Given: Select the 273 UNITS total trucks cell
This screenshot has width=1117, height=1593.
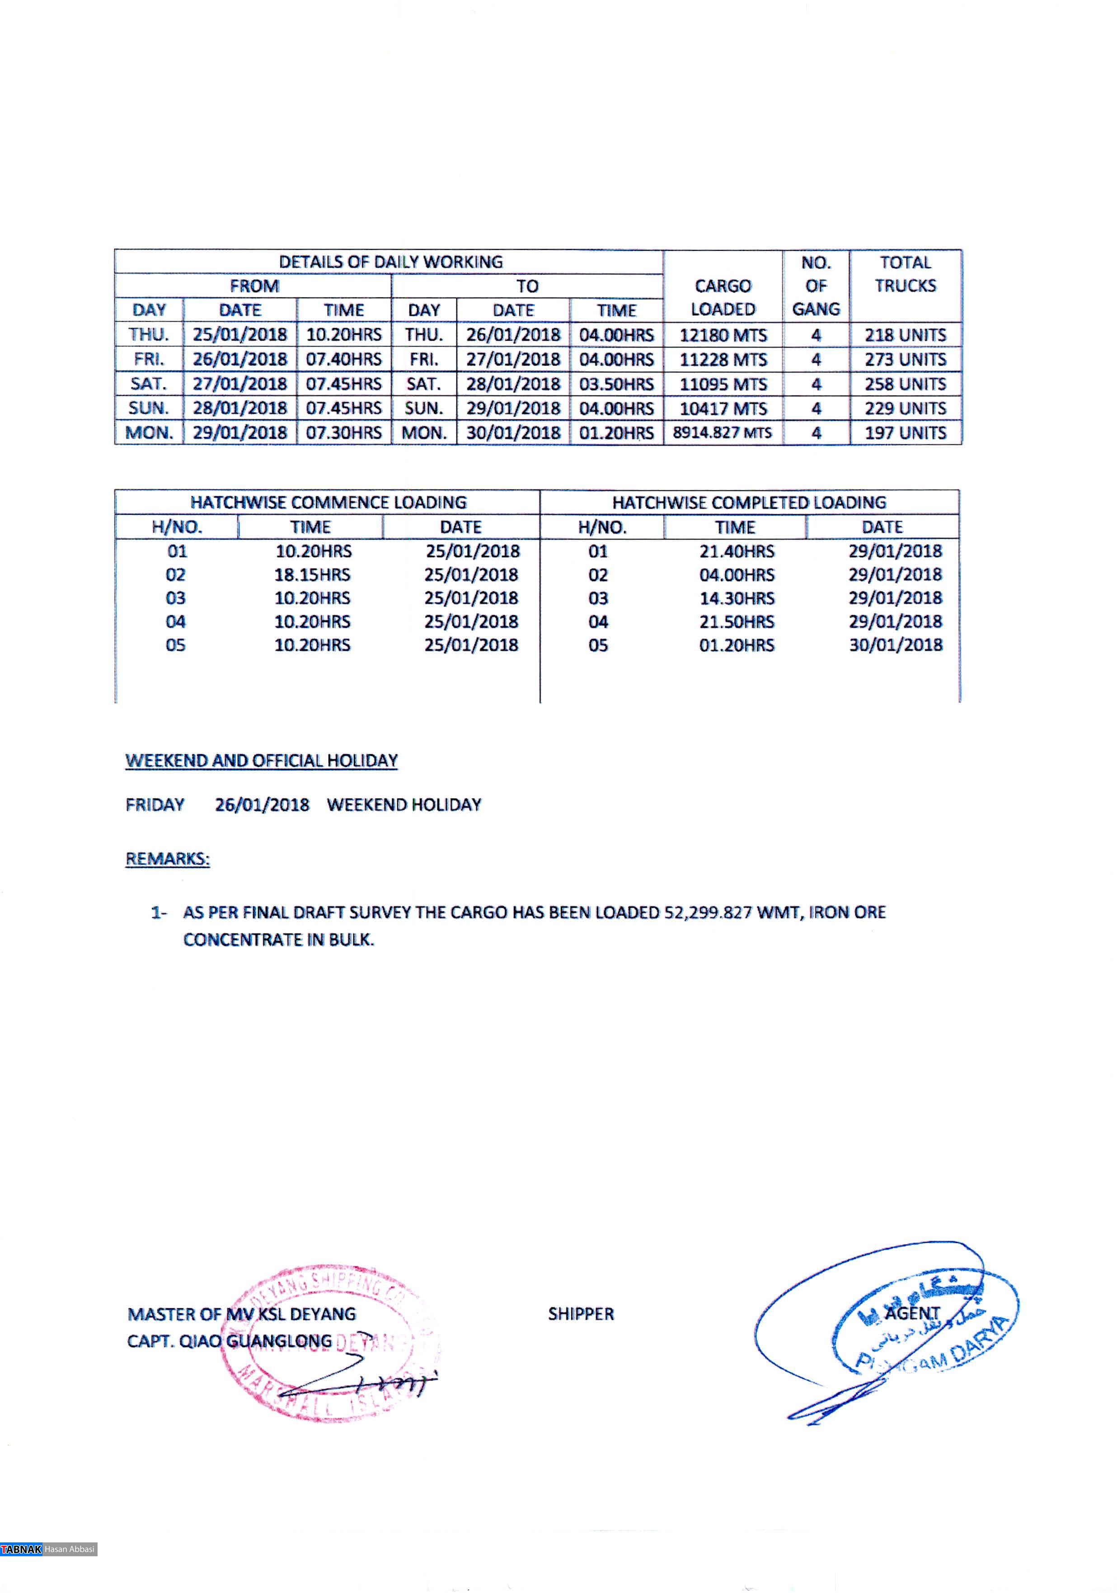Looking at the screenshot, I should [905, 359].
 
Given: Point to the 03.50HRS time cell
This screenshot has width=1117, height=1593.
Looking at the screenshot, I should [616, 384].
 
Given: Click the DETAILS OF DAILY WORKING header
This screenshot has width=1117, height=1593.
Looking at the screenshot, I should [390, 262].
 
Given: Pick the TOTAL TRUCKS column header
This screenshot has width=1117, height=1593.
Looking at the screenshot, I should [905, 274].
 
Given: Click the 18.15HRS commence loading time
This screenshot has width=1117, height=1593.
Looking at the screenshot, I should [312, 575].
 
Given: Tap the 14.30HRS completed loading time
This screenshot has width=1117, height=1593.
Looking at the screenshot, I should [736, 598].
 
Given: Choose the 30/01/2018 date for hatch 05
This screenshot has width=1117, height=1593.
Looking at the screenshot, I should [896, 645].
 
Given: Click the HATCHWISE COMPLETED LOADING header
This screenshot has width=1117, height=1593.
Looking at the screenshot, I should [749, 503].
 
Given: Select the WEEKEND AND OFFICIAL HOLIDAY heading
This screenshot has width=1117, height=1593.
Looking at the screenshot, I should [262, 761].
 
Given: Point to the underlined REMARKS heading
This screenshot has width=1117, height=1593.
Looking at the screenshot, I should [167, 859].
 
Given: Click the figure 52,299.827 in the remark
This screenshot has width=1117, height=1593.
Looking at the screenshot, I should [708, 912].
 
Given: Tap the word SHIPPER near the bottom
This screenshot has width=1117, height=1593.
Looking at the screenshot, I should [581, 1314].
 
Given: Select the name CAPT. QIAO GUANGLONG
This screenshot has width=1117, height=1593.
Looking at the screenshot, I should [229, 1341].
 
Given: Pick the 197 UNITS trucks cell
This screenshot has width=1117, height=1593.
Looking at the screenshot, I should [905, 433].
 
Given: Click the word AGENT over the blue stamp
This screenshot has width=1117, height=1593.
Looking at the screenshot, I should [912, 1313].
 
